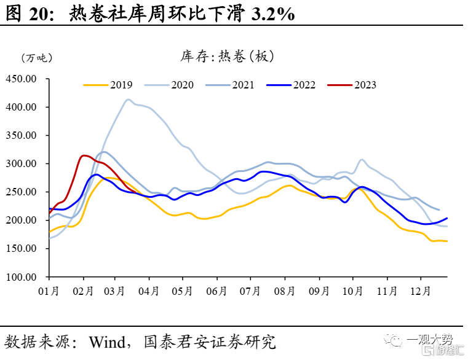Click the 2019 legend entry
coord(108,85)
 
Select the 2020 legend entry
coord(169,85)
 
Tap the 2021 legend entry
coord(230,85)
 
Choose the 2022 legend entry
coord(291,85)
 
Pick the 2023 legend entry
coord(352,85)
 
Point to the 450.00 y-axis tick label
coord(21,79)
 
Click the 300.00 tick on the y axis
coord(21,164)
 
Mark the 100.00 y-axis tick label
coord(21,277)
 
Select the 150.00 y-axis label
coord(21,248)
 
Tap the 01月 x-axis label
coord(49,291)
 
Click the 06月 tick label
coord(216,291)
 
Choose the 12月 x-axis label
coord(421,291)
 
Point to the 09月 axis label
coord(319,291)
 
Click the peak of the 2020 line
coord(129,100)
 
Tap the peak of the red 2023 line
coord(84,155)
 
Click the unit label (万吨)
coord(37,58)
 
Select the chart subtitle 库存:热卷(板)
coord(227,57)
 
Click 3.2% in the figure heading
coord(273,14)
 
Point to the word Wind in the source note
coord(107,342)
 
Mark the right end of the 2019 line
coord(447,241)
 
